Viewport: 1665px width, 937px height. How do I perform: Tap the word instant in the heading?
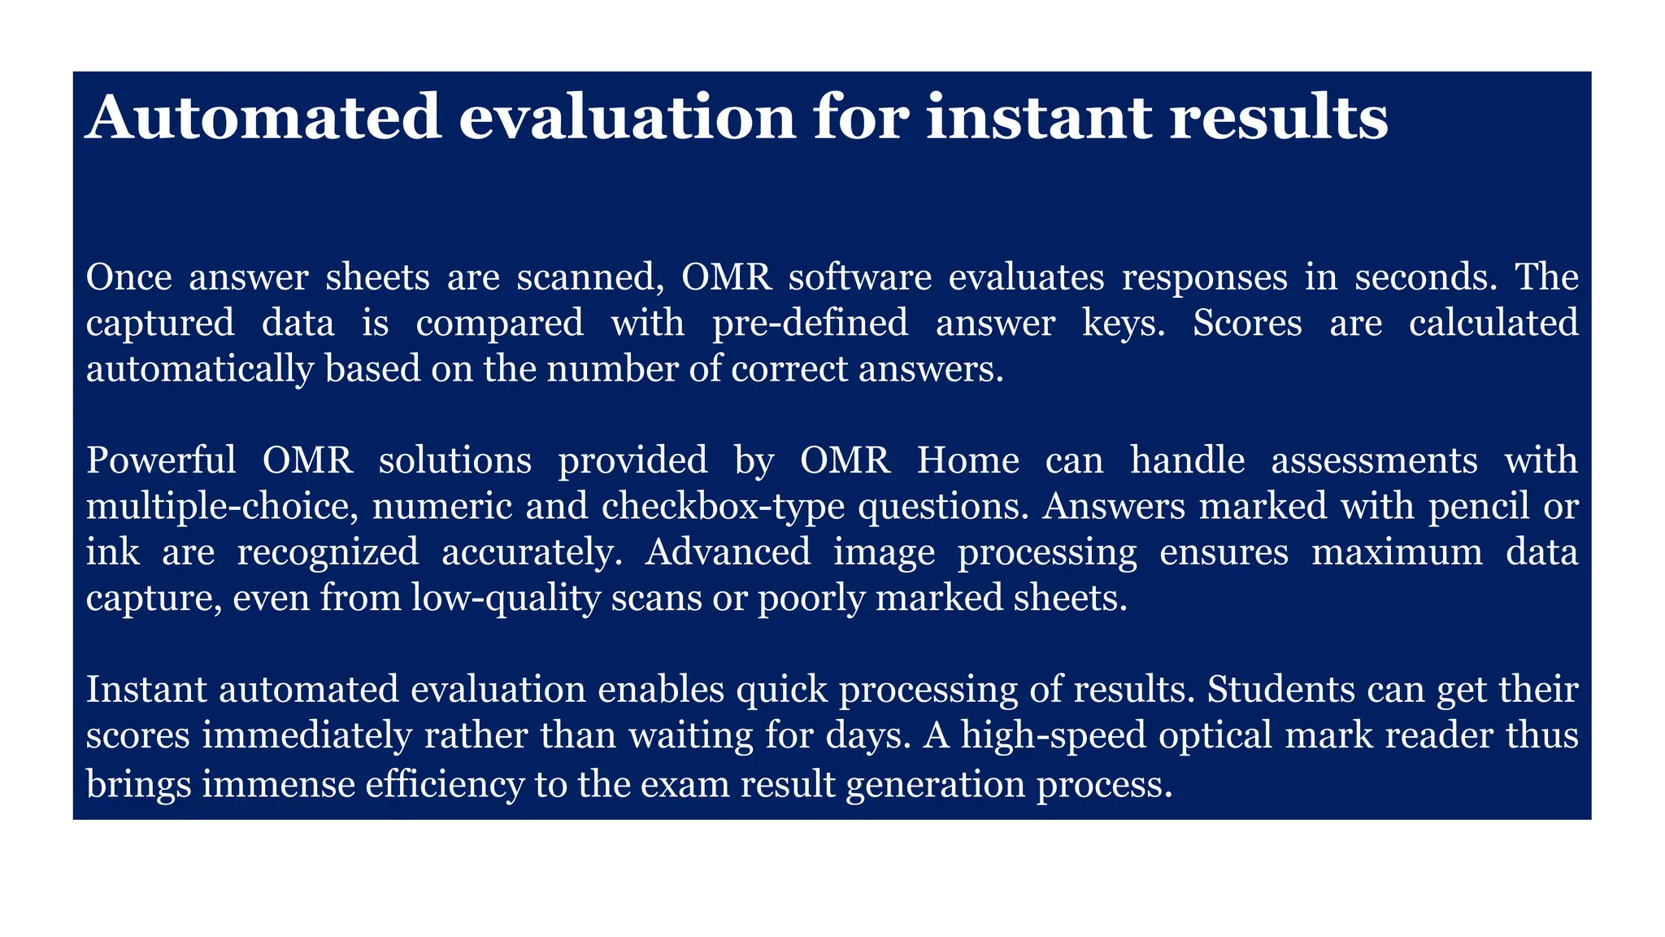click(x=1038, y=118)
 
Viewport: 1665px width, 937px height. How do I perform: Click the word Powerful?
click(x=160, y=460)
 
